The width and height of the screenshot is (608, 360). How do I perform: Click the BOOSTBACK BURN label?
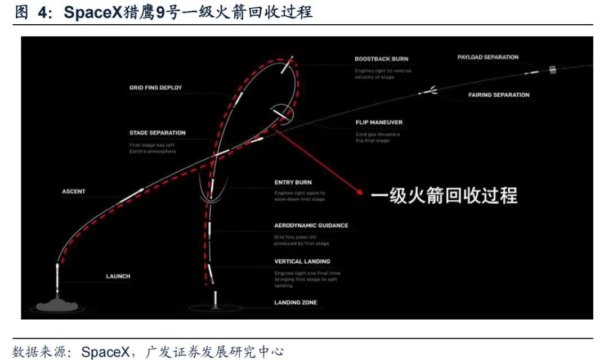[x=381, y=59]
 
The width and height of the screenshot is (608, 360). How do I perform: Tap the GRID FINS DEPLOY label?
[x=155, y=88]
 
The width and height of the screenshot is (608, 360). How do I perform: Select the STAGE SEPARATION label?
[x=157, y=133]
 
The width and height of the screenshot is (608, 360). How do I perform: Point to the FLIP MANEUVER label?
[x=379, y=122]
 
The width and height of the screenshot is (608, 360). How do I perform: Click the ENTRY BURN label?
[x=293, y=182]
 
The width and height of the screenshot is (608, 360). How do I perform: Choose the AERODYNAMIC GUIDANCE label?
[x=311, y=226]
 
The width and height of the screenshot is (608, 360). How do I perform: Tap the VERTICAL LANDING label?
[x=302, y=262]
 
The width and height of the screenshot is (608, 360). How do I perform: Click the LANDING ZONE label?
[x=295, y=303]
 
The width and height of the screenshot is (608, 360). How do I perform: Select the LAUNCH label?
[x=118, y=276]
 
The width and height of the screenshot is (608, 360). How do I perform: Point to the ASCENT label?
[x=74, y=192]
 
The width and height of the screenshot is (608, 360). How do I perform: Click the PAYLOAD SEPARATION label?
[x=488, y=57]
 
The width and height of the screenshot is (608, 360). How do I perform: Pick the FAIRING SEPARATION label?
[x=499, y=95]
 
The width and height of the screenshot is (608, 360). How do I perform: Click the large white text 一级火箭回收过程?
[x=444, y=196]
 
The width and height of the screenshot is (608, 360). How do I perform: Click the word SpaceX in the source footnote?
[x=106, y=352]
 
